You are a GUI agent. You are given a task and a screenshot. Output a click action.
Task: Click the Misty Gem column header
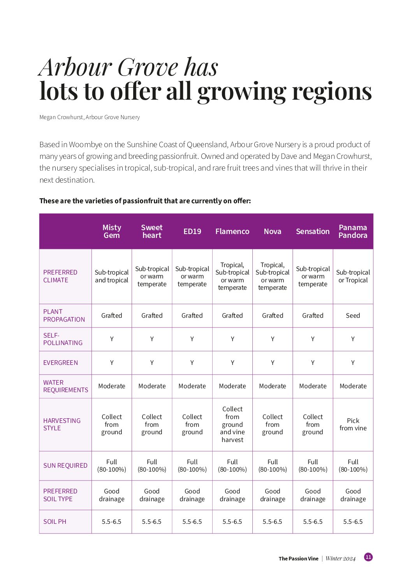(x=112, y=231)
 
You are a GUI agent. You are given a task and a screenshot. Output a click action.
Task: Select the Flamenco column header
(x=232, y=231)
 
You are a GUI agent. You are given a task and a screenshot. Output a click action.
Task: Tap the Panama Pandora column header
(x=353, y=231)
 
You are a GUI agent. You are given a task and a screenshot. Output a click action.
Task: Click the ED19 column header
(x=192, y=231)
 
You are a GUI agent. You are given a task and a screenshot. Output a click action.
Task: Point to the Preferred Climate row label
(x=60, y=276)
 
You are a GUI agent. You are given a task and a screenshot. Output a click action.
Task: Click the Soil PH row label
(x=55, y=521)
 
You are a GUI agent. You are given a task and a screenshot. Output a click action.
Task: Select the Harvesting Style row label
(x=62, y=424)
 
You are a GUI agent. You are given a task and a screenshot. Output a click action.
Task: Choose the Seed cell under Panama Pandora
(x=353, y=315)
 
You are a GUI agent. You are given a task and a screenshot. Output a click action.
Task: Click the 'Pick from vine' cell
(x=353, y=424)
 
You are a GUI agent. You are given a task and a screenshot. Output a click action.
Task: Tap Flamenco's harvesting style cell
(x=232, y=424)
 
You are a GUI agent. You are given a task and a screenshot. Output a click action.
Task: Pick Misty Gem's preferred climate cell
(x=112, y=276)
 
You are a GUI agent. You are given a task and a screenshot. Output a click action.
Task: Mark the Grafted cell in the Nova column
(x=273, y=315)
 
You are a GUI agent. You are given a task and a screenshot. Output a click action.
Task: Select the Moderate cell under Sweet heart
(x=152, y=386)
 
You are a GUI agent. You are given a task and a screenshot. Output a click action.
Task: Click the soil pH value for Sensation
(x=313, y=521)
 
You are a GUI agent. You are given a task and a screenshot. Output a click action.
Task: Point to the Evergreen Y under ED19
(x=192, y=363)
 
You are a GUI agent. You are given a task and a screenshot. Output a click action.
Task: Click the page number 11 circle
(x=368, y=557)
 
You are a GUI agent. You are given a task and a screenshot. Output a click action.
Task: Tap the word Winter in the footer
(x=334, y=558)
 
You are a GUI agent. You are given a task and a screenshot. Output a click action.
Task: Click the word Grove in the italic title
(x=148, y=67)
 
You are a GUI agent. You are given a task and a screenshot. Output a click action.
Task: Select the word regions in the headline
(x=332, y=92)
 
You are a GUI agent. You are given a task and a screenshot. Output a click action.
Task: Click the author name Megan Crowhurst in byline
(x=61, y=117)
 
